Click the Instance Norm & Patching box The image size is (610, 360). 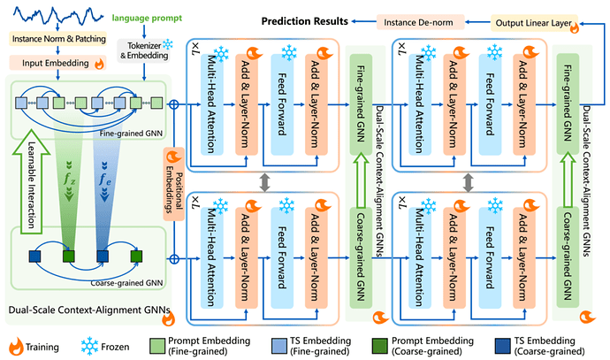[58, 39]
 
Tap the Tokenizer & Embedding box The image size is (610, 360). [144, 50]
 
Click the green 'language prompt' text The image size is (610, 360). [147, 18]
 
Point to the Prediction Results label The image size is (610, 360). [305, 21]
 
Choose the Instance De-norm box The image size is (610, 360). [420, 22]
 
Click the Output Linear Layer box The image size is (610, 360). [534, 23]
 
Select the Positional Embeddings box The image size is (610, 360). [174, 184]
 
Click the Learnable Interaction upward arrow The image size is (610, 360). [31, 181]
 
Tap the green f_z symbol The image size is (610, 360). [69, 180]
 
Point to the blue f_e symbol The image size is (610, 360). [104, 180]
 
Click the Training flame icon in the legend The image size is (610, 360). [16, 346]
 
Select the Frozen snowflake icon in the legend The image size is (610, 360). [89, 346]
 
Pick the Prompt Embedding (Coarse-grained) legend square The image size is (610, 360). [380, 346]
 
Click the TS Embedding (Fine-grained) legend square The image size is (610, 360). [278, 346]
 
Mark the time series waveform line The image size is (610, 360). [58, 15]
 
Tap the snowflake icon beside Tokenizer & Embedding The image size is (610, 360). [168, 44]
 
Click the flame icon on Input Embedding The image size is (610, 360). [99, 64]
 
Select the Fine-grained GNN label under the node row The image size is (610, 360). [131, 133]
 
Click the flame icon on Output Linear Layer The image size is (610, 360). [574, 27]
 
